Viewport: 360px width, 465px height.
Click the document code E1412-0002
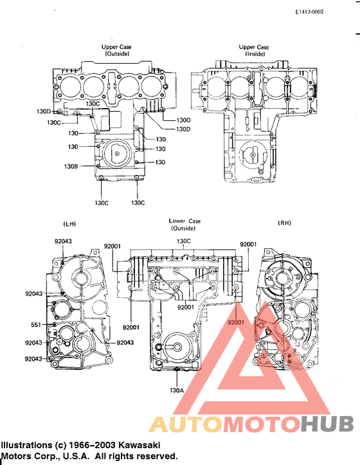point(309,12)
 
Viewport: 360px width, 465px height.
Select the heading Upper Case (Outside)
point(118,51)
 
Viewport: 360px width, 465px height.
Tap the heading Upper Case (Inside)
point(254,51)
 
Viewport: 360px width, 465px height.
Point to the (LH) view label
point(70,223)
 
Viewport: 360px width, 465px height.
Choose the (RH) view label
point(284,223)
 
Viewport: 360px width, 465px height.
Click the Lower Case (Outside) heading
point(184,224)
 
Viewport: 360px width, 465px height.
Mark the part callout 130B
point(71,166)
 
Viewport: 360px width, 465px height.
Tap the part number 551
point(35,325)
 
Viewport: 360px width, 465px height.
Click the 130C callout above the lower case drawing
point(184,242)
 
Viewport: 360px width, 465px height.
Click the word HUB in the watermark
point(327,425)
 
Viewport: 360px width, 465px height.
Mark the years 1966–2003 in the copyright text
point(89,445)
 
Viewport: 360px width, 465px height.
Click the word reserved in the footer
point(154,456)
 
